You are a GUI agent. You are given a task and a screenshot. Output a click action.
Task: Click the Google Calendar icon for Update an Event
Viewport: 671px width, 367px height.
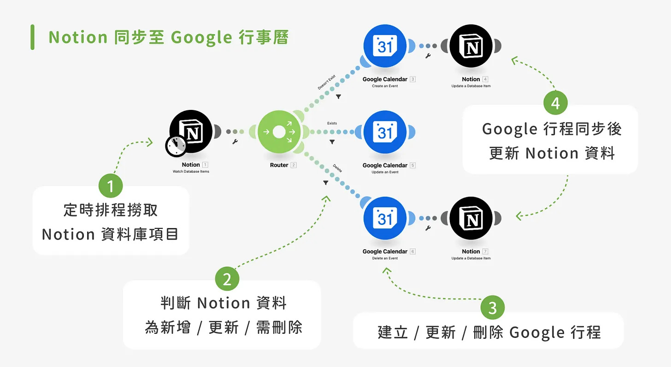(x=385, y=132)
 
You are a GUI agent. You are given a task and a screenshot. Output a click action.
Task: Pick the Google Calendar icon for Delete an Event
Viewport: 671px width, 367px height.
(x=385, y=218)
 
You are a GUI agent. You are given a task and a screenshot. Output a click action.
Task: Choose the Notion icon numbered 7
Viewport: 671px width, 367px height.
(x=471, y=218)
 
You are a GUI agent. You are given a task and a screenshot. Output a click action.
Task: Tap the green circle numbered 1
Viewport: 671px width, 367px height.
(x=111, y=186)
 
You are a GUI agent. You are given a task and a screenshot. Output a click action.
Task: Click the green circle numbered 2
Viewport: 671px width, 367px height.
(x=227, y=279)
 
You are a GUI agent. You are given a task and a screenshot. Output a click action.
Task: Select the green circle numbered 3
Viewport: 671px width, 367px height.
(x=492, y=307)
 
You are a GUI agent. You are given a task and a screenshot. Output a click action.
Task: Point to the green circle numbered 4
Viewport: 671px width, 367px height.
(x=555, y=103)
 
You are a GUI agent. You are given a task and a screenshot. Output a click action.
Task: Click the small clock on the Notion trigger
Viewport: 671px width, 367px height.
(x=176, y=146)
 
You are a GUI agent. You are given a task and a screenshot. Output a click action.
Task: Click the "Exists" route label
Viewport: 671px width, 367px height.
(x=332, y=124)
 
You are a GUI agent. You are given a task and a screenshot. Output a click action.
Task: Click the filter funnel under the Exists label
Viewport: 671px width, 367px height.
(x=332, y=142)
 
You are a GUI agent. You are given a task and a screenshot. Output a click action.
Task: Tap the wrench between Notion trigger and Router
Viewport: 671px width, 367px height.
(x=235, y=142)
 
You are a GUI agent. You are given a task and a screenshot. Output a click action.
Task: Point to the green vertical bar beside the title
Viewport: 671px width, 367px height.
(x=33, y=37)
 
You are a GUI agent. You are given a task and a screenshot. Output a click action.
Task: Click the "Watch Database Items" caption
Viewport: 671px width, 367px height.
(x=191, y=172)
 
